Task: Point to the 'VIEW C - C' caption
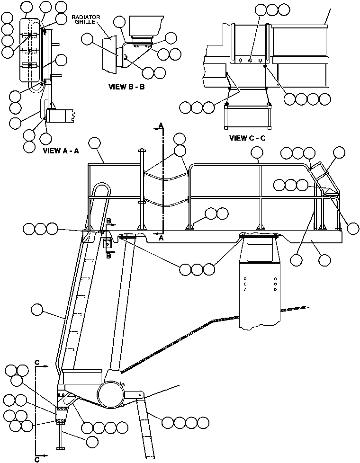tap(248, 138)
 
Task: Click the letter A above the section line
tap(161, 125)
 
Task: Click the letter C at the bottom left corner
tap(37, 458)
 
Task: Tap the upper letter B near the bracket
tap(109, 221)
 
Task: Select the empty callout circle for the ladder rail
tap(36, 310)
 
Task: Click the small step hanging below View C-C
tap(248, 117)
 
